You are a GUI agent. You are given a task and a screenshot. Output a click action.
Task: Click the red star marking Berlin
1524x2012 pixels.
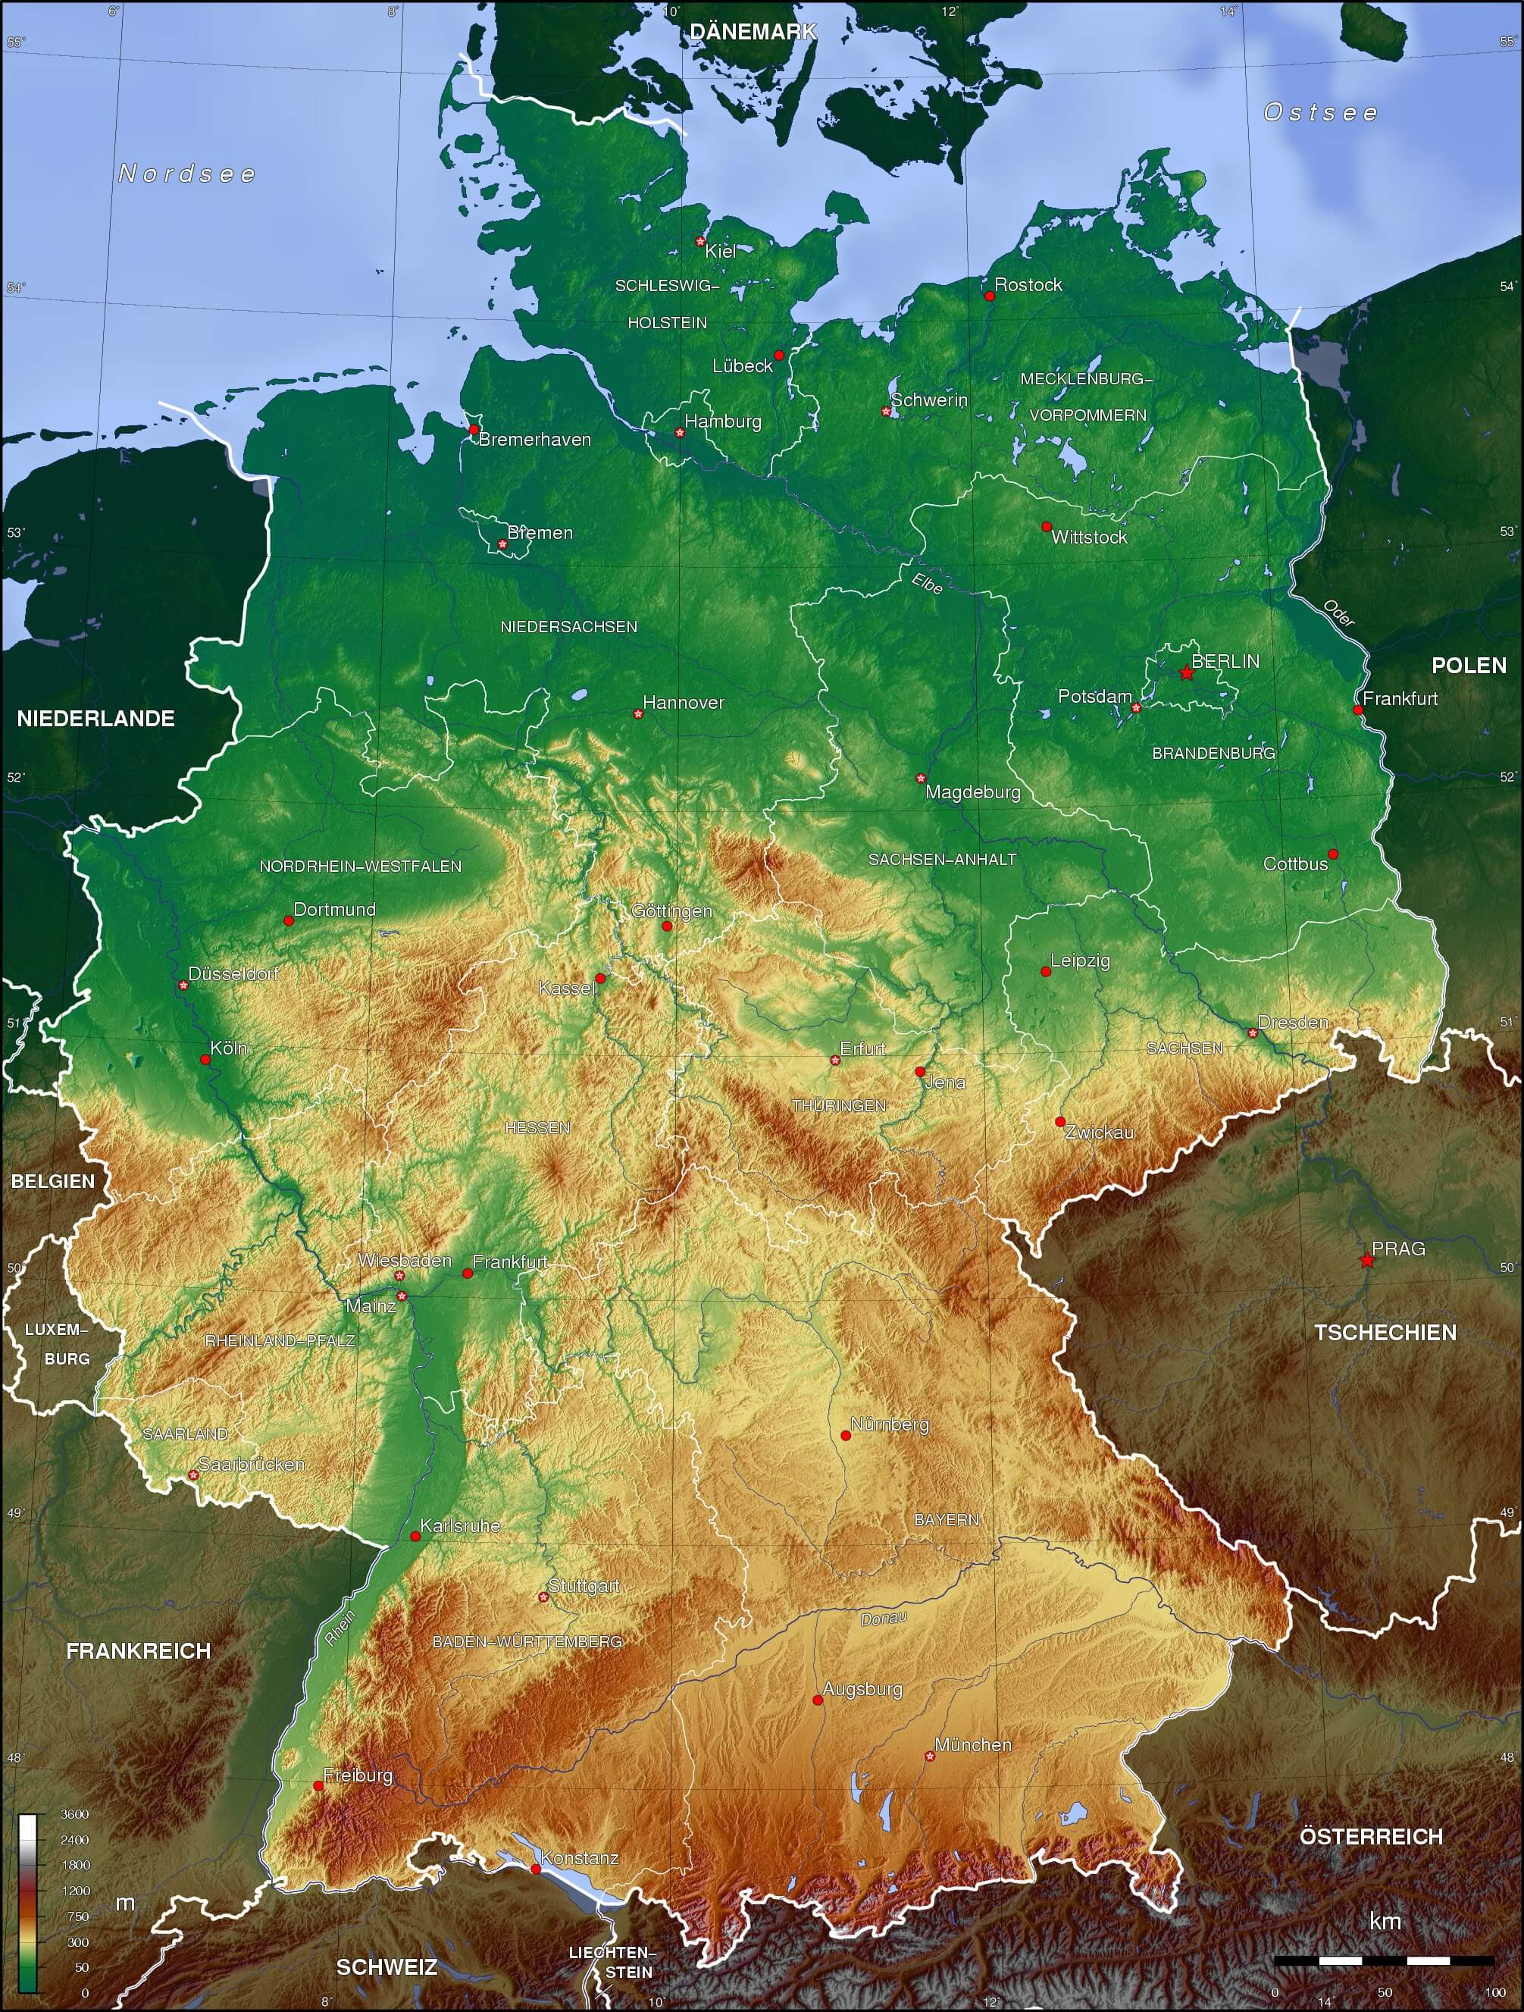click(x=1187, y=672)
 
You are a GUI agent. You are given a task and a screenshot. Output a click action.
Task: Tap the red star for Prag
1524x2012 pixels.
click(x=1366, y=1260)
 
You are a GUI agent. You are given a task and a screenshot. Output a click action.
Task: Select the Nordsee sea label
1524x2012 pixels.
click(x=187, y=174)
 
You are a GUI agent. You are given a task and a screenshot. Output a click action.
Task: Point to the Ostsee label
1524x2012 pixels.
click(x=1320, y=112)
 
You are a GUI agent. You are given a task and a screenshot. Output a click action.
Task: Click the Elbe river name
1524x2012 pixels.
click(x=927, y=583)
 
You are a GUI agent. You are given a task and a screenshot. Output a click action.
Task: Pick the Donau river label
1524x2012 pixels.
click(x=883, y=1619)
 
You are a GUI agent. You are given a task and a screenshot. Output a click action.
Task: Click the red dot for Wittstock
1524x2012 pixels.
click(x=1047, y=527)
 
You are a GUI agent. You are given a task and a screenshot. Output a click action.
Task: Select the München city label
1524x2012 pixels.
click(x=973, y=1744)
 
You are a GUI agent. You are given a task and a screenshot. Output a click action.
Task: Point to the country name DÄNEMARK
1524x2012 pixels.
click(x=753, y=32)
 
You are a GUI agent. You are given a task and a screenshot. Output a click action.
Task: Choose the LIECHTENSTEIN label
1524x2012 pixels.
click(x=611, y=1962)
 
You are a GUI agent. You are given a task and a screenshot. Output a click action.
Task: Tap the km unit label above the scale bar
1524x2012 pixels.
click(x=1385, y=1920)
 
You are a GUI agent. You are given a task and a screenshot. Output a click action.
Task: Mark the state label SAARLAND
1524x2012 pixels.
click(x=185, y=1434)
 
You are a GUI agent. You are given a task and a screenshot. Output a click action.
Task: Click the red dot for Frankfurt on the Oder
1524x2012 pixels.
click(x=1357, y=710)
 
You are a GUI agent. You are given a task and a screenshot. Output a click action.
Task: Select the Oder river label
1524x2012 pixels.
click(x=1338, y=613)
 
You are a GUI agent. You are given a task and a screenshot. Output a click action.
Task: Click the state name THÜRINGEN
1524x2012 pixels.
click(x=838, y=1105)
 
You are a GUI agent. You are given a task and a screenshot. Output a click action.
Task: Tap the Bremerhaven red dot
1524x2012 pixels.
click(x=473, y=429)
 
